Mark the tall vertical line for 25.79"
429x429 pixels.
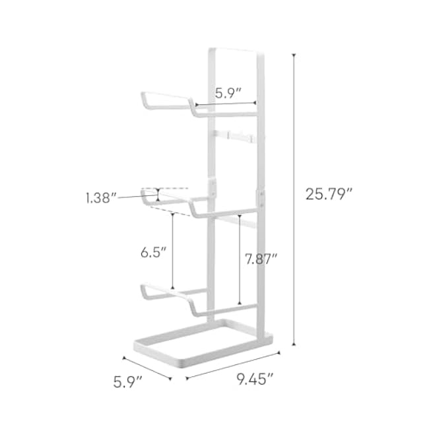[x=293, y=198]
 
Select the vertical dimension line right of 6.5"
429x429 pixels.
[x=172, y=251]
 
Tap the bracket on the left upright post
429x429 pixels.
[x=213, y=189]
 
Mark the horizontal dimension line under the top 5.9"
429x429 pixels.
[x=226, y=104]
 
